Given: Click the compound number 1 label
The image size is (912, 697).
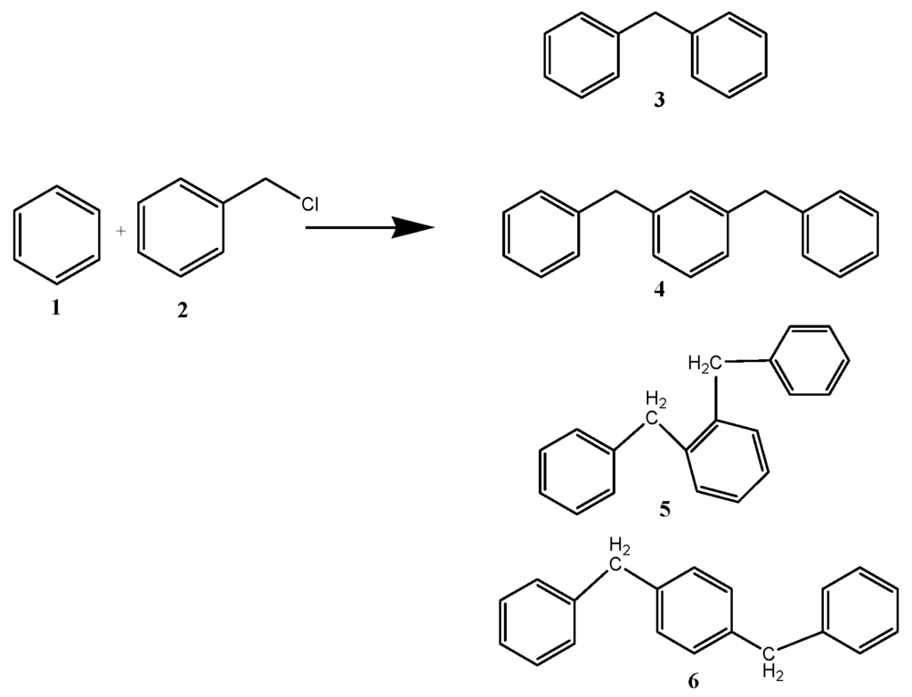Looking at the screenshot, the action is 56,308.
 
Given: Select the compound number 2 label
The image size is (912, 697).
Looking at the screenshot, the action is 183,313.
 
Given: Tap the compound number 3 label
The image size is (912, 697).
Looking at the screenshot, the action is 658,101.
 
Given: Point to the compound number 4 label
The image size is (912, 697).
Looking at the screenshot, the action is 659,291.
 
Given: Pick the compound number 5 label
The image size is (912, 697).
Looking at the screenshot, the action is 664,510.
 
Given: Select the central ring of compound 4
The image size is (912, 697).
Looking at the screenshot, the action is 691,234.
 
